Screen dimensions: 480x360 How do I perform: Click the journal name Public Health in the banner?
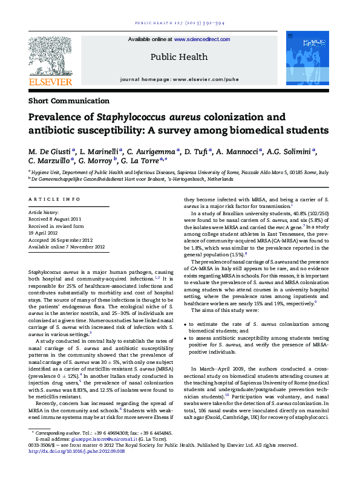coord(179,58)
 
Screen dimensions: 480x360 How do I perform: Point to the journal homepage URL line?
coord(179,79)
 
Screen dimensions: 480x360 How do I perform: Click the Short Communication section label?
coord(69,101)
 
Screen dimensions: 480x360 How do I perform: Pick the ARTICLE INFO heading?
coord(54,198)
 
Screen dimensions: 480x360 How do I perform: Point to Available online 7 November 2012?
coord(67,247)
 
